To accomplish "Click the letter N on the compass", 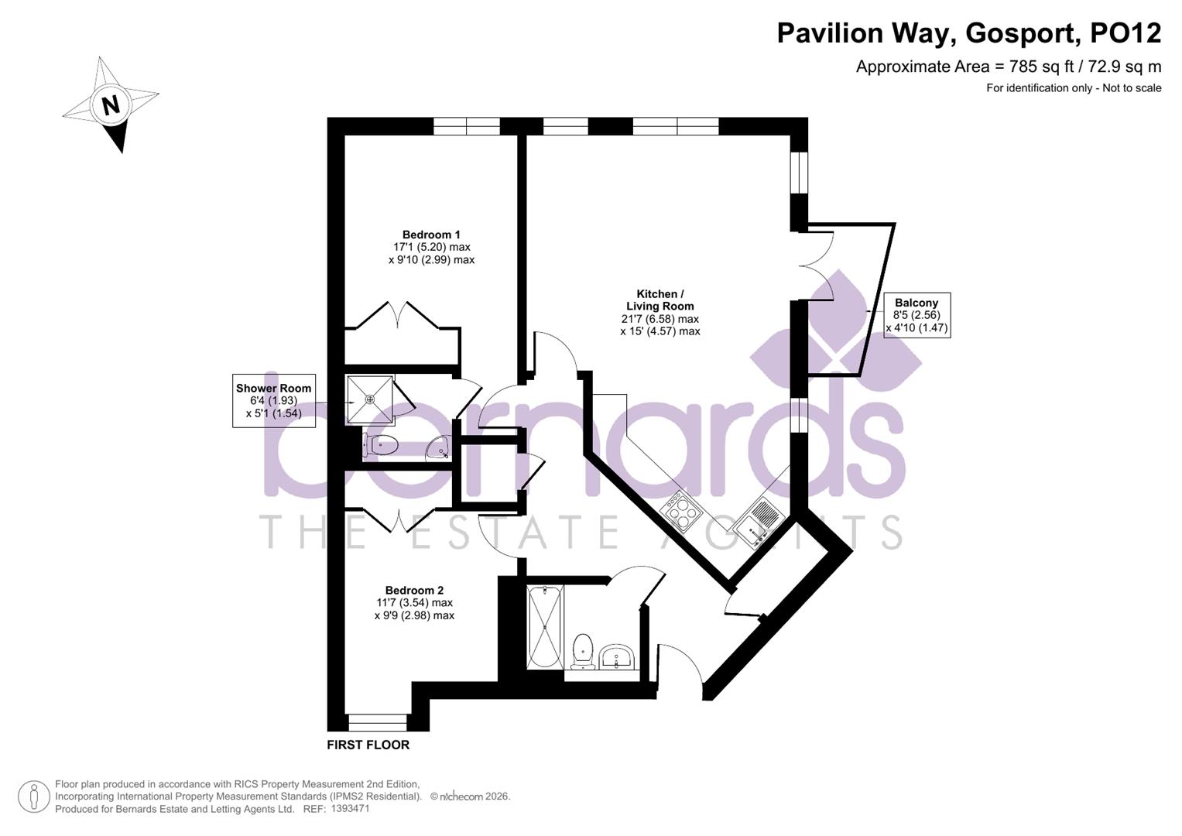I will pyautogui.click(x=111, y=104).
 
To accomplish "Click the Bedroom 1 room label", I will pyautogui.click(x=431, y=235).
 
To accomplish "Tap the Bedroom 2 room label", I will pyautogui.click(x=414, y=591).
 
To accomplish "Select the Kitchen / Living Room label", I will pyautogui.click(x=660, y=300).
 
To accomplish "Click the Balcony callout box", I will pyautogui.click(x=916, y=315).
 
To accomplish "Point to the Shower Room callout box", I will pyautogui.click(x=273, y=400).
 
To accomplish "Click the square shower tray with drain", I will pyautogui.click(x=370, y=399).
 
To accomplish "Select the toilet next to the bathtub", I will pyautogui.click(x=581, y=650).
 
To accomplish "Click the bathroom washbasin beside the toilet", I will pyautogui.click(x=617, y=658).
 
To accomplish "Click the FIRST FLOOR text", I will pyautogui.click(x=368, y=745).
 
